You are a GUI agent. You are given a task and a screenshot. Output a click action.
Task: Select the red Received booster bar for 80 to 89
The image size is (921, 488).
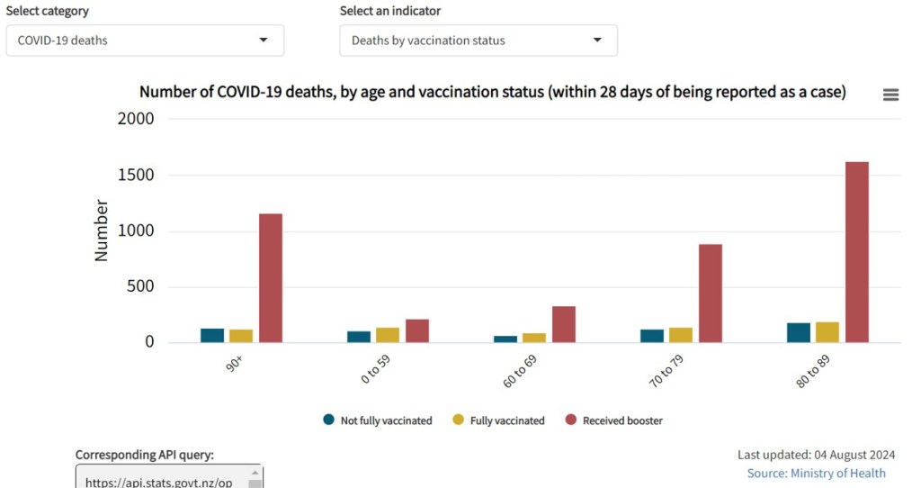[x=857, y=252]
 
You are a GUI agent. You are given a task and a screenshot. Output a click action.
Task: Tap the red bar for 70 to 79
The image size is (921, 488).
[x=711, y=293]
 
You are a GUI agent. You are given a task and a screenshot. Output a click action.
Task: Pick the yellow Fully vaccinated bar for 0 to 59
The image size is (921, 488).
[x=388, y=335]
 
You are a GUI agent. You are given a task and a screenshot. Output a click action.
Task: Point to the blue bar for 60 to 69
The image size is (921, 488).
[x=505, y=339]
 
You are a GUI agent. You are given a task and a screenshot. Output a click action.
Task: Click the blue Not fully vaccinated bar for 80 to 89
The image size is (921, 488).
[x=799, y=332]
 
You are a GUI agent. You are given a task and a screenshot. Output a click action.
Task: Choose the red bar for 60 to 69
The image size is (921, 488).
[x=564, y=324]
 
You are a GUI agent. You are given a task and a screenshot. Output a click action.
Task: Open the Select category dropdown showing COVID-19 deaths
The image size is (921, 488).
[x=145, y=41]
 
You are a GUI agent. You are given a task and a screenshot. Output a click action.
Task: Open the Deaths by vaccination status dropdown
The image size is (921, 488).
[x=478, y=41]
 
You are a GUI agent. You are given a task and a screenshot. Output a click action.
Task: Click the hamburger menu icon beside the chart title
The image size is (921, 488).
[x=890, y=95]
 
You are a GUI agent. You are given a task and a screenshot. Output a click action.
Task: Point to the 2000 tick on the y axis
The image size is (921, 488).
[x=136, y=119]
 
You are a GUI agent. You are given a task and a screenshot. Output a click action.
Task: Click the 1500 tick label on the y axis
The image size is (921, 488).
[x=136, y=175]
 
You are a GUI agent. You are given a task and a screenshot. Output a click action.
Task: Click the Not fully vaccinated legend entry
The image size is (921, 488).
[x=378, y=420]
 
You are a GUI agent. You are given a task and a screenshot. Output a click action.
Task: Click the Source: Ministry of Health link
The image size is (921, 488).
[x=816, y=474]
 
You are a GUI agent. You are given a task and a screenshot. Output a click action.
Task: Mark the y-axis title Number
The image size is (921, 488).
[x=101, y=230]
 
